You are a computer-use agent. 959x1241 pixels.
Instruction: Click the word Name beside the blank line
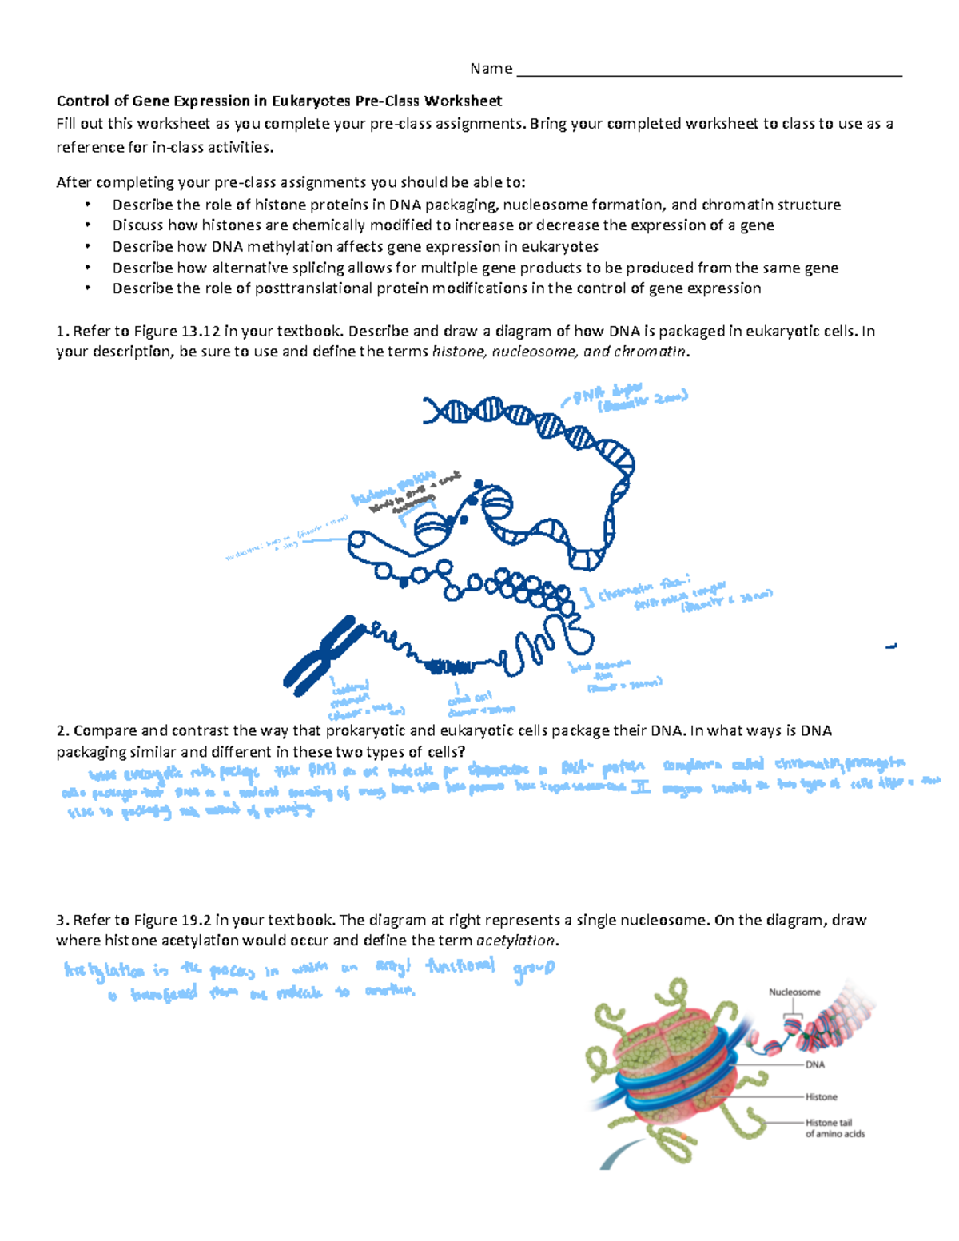coord(491,69)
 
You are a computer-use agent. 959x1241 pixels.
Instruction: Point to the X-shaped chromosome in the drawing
coord(320,654)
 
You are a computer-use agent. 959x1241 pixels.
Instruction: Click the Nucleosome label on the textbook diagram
coord(794,992)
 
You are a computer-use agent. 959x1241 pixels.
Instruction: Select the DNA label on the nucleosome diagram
coord(814,1064)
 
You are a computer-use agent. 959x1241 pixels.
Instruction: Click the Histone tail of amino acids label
coord(834,1128)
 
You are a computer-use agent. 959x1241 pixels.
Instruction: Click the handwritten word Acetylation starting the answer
coord(105,971)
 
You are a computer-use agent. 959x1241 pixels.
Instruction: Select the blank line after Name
coord(709,74)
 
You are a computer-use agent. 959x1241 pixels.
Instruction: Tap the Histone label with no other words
coord(821,1097)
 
